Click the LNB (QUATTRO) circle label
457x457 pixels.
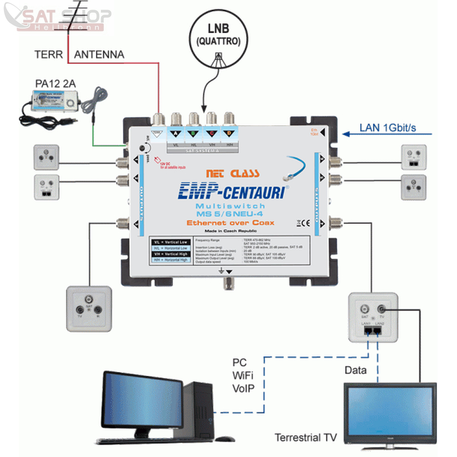220,35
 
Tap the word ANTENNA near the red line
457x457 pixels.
99,55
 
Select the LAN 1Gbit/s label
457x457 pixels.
391,128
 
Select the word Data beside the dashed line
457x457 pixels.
355,371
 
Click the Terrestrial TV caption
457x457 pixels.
306,438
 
